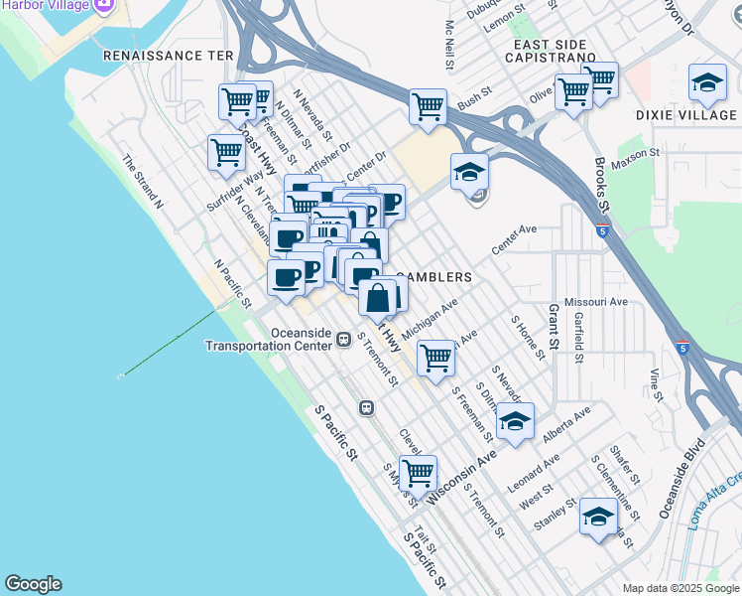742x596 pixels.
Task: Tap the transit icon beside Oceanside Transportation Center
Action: click(343, 339)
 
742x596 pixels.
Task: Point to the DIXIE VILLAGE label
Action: click(686, 115)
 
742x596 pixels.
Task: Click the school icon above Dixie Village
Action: click(706, 83)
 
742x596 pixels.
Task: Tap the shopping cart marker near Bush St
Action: click(428, 106)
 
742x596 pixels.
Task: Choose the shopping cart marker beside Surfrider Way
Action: click(227, 154)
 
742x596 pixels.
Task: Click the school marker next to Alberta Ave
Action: click(514, 421)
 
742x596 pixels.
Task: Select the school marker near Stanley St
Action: click(598, 517)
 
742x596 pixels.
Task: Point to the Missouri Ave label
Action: click(595, 301)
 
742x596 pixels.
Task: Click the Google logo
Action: click(33, 584)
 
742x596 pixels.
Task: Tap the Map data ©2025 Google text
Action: click(680, 588)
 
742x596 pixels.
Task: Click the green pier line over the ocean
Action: click(169, 343)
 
